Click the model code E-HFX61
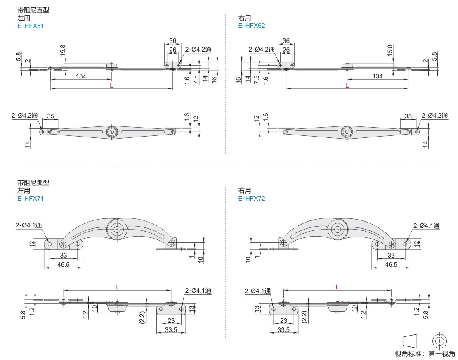coord(31,26)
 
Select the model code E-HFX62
coord(252,26)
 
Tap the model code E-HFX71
coord(31,199)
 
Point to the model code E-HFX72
coord(252,199)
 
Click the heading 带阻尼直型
coord(33,10)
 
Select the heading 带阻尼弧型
coord(33,183)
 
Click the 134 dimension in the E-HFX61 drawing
coord(81,76)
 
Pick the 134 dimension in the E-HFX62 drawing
coord(378,76)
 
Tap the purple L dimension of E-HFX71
coord(117,287)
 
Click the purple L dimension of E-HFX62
coord(347,85)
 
